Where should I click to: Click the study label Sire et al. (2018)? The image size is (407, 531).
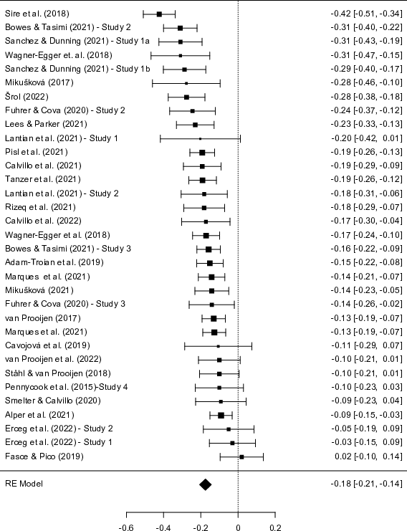pos(37,14)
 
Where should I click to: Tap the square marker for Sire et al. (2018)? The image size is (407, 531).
pos(159,14)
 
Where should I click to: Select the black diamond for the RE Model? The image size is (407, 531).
pos(205,484)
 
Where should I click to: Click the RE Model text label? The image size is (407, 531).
pos(24,484)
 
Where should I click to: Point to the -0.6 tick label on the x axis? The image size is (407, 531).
pos(126,527)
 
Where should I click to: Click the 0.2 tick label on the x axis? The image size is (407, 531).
pos(275,527)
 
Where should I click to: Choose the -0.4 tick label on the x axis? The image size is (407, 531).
pos(163,527)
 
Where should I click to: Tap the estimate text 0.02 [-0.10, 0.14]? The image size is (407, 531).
pos(368,456)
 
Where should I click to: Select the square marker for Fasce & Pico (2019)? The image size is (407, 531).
pos(241,457)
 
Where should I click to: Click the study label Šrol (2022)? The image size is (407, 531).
pos(27,97)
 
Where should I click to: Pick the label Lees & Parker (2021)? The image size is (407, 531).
pos(46,124)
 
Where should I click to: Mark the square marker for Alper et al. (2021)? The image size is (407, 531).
pos(221,416)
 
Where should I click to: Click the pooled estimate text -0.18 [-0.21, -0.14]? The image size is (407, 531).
pos(367,484)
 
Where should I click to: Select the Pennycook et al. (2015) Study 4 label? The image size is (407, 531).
pos(67,387)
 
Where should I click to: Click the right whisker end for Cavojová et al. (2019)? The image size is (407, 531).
pos(252,346)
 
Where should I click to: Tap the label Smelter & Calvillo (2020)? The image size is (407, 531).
pos(53,401)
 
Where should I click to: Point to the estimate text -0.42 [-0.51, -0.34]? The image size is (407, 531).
pos(367,14)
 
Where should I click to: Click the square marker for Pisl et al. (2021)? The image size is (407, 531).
pos(202,153)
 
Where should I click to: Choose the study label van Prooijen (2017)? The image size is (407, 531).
pos(43,318)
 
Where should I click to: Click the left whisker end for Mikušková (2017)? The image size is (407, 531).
pos(153,83)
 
